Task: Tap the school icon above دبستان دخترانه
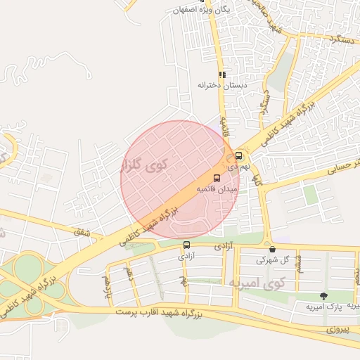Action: coord(222,75)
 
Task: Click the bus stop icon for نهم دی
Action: coord(239,156)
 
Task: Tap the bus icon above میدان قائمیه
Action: coord(216,178)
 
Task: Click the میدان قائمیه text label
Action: coord(217,189)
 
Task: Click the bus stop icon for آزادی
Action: coord(186,245)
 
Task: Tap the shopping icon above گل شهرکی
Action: coord(272,249)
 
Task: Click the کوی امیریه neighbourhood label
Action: coord(259,283)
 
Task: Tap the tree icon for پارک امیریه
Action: coord(323,297)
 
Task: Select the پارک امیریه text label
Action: coord(323,307)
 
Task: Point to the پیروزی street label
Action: coord(338,328)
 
